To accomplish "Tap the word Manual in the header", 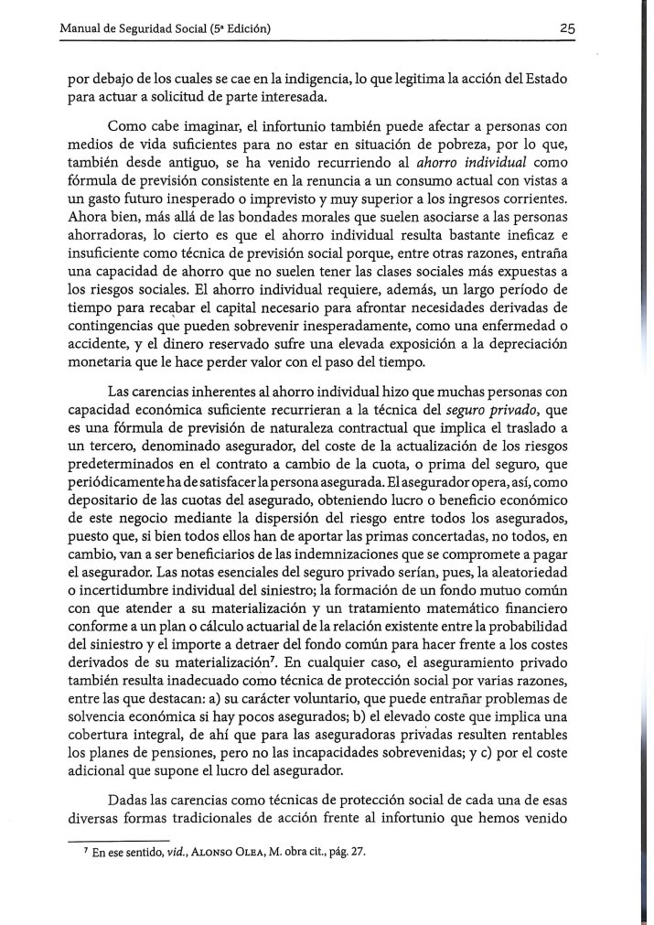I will [80, 28].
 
